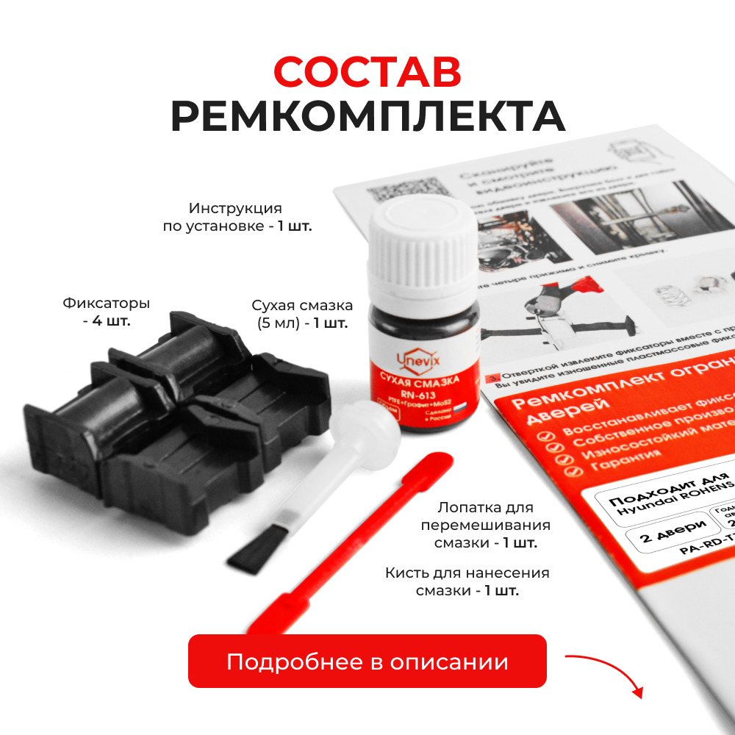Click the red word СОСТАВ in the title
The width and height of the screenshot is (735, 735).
(x=367, y=71)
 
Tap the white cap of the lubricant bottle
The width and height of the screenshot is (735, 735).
(x=420, y=243)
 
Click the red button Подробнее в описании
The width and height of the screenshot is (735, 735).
(x=367, y=661)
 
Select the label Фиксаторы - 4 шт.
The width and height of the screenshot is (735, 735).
(x=107, y=312)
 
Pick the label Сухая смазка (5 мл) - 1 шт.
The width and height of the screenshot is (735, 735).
(x=302, y=314)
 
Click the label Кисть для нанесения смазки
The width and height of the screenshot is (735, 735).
(x=467, y=581)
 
